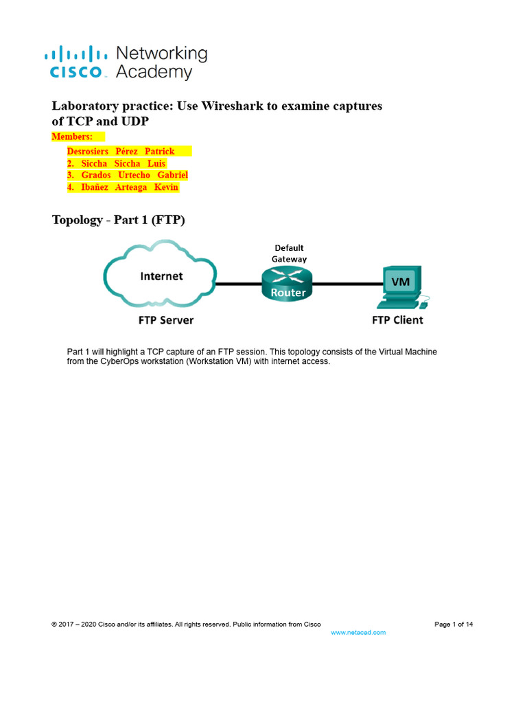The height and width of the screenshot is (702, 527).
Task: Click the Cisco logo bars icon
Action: point(75,53)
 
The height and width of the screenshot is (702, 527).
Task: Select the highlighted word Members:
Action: point(73,136)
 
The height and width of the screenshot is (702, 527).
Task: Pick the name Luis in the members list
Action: point(156,163)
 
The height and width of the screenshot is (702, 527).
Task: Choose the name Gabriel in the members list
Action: point(173,175)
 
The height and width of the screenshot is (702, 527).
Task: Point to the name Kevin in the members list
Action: point(167,187)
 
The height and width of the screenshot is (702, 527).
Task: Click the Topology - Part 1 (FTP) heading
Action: point(119,220)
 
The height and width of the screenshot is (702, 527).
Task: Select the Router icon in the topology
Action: point(286,283)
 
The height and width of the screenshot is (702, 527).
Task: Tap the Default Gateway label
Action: point(289,253)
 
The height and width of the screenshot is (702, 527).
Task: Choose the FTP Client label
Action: point(397,319)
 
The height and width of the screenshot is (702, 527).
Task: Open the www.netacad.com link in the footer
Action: point(358,632)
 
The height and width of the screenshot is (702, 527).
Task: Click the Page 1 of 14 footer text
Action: point(454,624)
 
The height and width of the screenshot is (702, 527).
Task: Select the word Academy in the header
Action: point(154,72)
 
